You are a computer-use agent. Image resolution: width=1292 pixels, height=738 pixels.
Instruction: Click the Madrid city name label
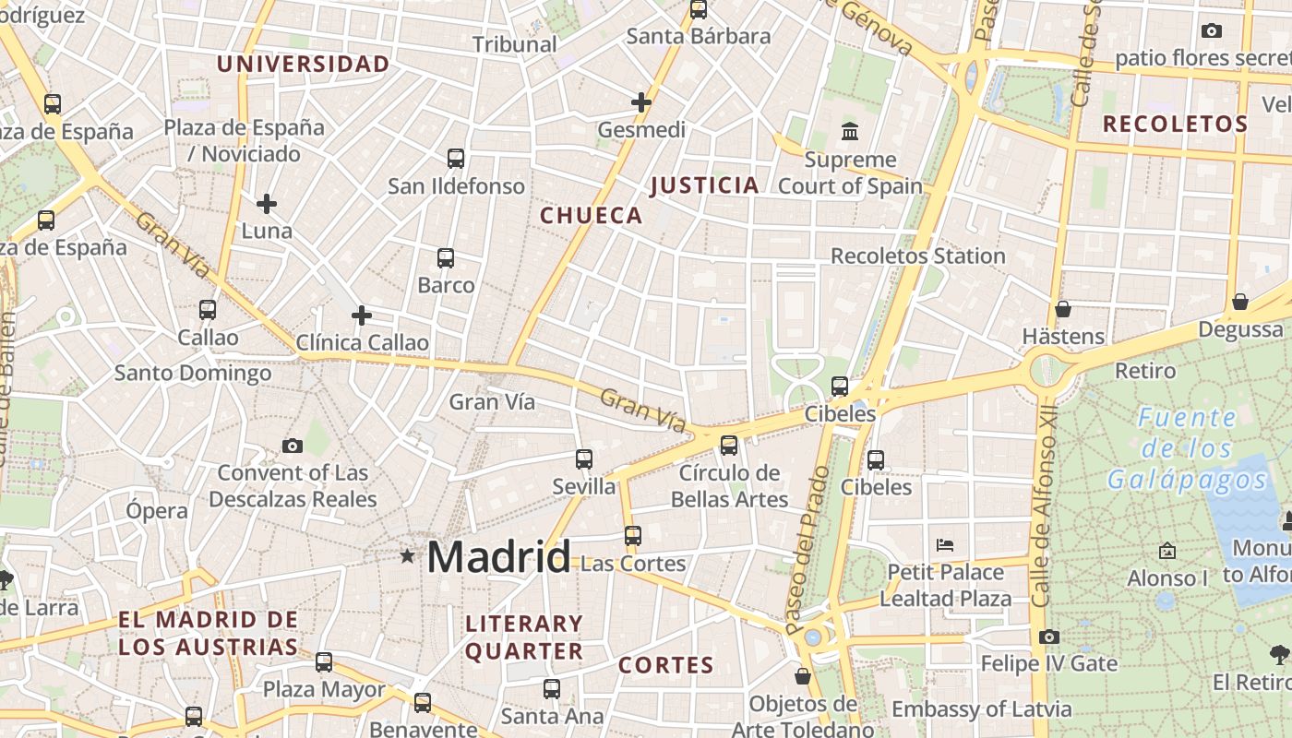tap(498, 557)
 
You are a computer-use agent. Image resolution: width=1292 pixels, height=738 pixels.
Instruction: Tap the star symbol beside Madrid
tap(407, 555)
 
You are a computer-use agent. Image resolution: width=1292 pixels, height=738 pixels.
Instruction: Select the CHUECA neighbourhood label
tap(591, 216)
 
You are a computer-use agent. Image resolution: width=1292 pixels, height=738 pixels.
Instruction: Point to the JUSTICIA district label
tap(704, 185)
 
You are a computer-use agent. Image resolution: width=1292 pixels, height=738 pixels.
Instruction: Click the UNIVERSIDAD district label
tap(303, 65)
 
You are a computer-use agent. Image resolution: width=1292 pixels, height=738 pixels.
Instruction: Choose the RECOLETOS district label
tap(1175, 124)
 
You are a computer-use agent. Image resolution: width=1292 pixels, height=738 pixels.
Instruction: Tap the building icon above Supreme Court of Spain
tap(850, 132)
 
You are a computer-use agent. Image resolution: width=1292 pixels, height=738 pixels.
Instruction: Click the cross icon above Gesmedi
tap(641, 101)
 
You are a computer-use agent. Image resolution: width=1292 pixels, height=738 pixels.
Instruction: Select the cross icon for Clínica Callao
tap(362, 315)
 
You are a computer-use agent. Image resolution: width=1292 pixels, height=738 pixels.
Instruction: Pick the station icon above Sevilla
tap(583, 458)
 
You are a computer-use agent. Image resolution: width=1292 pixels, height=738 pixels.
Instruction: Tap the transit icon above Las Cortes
tap(632, 535)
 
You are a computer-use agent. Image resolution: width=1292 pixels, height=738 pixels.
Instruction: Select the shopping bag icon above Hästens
tap(1063, 309)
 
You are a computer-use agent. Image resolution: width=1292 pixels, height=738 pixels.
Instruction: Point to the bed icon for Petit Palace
tap(945, 544)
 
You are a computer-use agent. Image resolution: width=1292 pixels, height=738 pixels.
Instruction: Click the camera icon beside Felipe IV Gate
tap(1048, 637)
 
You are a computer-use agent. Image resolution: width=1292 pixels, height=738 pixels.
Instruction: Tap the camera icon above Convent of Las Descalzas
tap(293, 446)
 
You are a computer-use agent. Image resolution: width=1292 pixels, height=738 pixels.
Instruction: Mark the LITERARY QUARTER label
tap(523, 637)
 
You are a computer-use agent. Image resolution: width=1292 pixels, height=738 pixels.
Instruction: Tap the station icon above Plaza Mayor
tap(323, 661)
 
